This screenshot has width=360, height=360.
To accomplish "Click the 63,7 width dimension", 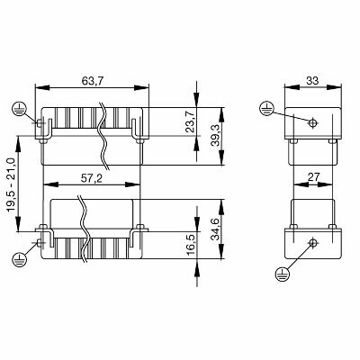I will (91, 80).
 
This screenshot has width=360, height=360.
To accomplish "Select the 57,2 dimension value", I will (91, 179).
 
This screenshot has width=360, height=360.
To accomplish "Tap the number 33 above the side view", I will (311, 80).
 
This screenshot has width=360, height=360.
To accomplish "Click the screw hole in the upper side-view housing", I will (311, 124).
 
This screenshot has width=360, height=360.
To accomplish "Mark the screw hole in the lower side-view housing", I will (311, 242).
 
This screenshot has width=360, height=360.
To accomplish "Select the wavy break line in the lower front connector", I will (86, 232).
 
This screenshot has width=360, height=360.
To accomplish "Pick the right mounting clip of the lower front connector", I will (139, 236).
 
